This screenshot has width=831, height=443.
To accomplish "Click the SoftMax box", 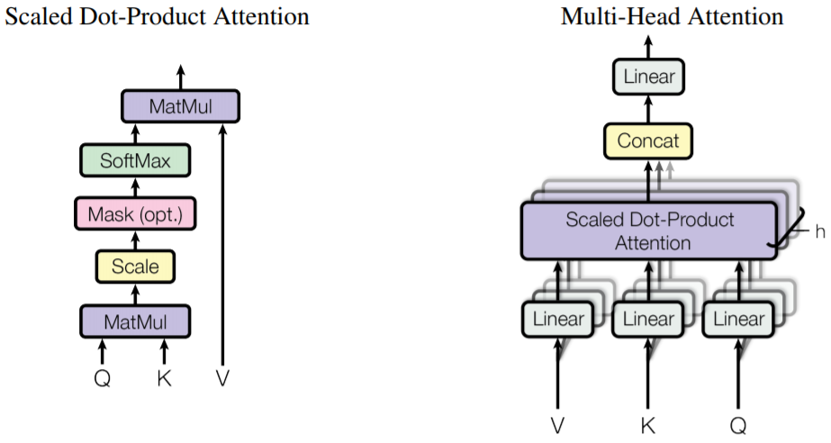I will (x=134, y=162).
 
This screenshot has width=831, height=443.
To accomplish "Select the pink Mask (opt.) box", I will (x=135, y=214).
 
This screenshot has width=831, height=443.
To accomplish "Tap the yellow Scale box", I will (x=135, y=267).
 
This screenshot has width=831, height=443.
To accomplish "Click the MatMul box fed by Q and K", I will (x=135, y=320).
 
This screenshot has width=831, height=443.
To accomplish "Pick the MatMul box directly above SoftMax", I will (x=181, y=107).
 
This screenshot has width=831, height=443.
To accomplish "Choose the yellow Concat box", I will (x=648, y=141).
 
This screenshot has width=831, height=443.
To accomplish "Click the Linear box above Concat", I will (x=648, y=77).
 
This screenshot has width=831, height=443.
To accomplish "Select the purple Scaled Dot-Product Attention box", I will (x=648, y=231).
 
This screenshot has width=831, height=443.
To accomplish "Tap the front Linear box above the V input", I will (x=558, y=319).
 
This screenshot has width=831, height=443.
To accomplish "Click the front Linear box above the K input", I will (x=648, y=319).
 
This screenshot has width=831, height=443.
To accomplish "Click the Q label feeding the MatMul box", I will (x=103, y=379).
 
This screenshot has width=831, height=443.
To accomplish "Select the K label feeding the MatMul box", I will (x=164, y=379).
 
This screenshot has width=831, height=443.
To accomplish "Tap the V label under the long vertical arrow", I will (x=222, y=379).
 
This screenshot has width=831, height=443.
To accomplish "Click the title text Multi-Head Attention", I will (x=672, y=16).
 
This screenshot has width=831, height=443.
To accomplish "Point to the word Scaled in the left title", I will (x=36, y=16).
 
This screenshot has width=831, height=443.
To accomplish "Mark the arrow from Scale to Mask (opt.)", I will (x=135, y=240).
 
